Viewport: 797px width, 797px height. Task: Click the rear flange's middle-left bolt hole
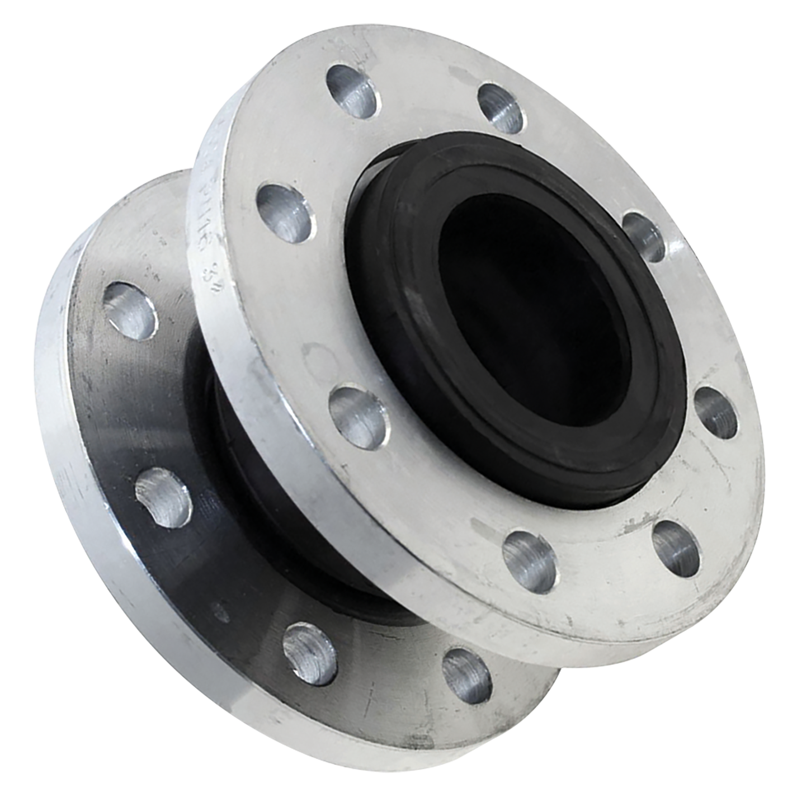(163, 495)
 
